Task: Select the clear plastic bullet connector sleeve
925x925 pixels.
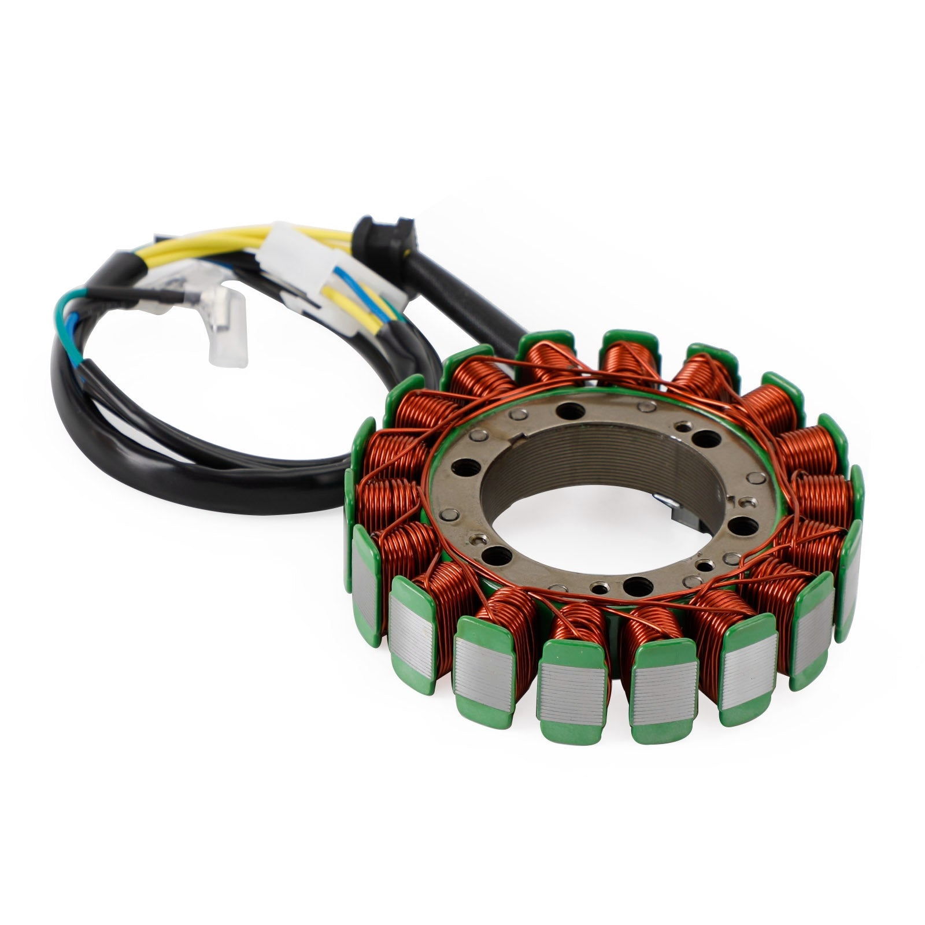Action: [227, 335]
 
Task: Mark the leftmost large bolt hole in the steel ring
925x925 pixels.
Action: [464, 465]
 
